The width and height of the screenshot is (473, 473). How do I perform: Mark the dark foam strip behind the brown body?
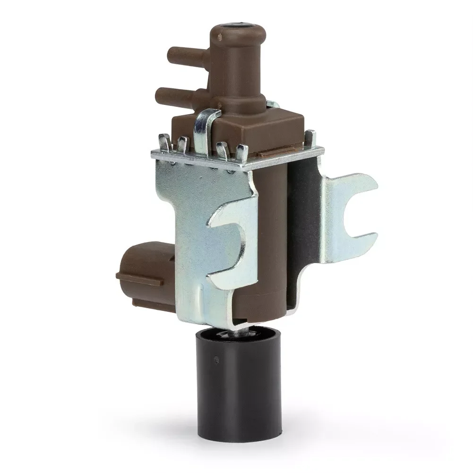[x=302, y=227]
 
